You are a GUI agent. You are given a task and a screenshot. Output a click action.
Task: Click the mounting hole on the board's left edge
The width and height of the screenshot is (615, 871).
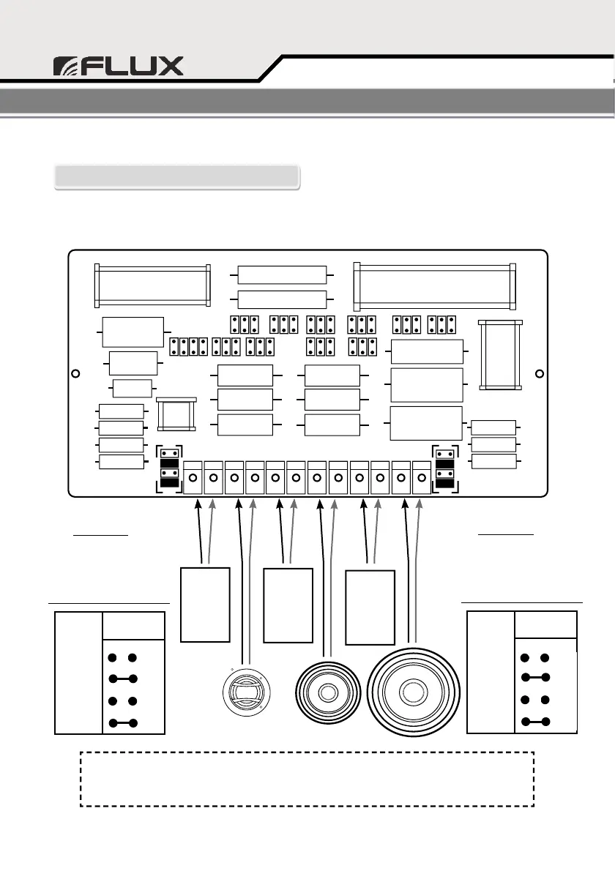(x=75, y=373)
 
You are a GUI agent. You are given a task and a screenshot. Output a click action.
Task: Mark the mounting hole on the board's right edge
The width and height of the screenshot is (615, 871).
(x=540, y=373)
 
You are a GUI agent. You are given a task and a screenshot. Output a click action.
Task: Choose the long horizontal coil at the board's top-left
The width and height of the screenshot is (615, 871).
(x=152, y=285)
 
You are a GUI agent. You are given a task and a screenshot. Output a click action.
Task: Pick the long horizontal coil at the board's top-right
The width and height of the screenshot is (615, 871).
(x=435, y=285)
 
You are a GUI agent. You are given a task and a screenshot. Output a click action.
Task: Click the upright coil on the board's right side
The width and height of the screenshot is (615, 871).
(x=500, y=355)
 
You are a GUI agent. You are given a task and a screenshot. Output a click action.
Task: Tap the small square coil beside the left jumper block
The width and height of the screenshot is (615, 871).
(x=177, y=416)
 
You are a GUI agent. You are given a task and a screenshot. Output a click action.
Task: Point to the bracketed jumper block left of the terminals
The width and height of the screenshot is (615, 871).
(x=169, y=468)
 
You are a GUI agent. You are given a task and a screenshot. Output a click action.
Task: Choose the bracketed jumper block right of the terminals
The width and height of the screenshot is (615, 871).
(x=444, y=468)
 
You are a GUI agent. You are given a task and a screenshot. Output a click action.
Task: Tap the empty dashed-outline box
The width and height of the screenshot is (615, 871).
(x=307, y=778)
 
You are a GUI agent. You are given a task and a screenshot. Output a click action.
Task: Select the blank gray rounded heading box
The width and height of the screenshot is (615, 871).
(x=176, y=177)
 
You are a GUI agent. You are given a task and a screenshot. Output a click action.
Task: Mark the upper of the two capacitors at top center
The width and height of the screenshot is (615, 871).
(x=282, y=274)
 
